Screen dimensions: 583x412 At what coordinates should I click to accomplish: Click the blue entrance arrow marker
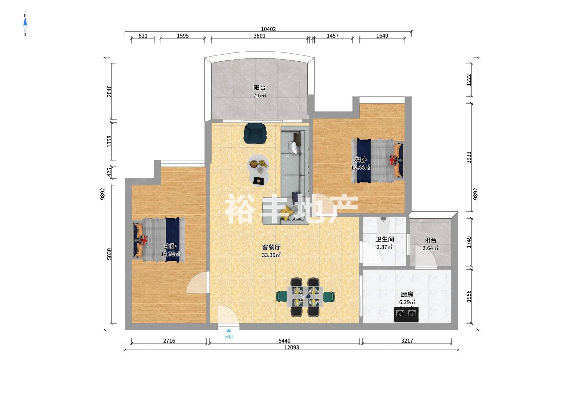229,331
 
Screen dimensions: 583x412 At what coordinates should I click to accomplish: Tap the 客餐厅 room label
271,247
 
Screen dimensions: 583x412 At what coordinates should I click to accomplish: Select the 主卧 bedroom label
170,246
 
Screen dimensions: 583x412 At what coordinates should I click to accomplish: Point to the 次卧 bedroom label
360,160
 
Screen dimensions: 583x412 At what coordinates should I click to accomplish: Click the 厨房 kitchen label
407,294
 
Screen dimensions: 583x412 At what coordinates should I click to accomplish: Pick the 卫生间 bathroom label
385,239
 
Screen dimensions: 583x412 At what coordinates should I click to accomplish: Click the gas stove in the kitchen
406,314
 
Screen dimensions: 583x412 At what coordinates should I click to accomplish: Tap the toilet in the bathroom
384,225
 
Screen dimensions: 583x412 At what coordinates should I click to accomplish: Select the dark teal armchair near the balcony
255,134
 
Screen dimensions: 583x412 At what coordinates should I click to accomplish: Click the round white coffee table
258,170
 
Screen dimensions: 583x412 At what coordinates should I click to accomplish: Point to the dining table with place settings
305,297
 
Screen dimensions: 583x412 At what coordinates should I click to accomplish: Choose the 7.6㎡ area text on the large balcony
260,96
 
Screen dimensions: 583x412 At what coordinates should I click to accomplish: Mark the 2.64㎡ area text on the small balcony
430,248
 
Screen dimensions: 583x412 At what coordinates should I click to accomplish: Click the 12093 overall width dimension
291,348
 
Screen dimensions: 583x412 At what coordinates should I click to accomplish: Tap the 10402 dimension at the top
268,29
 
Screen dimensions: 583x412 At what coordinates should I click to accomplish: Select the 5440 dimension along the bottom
284,341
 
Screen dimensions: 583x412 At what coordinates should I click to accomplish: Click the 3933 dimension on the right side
469,157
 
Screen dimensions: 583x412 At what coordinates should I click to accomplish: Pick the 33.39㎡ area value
271,255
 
